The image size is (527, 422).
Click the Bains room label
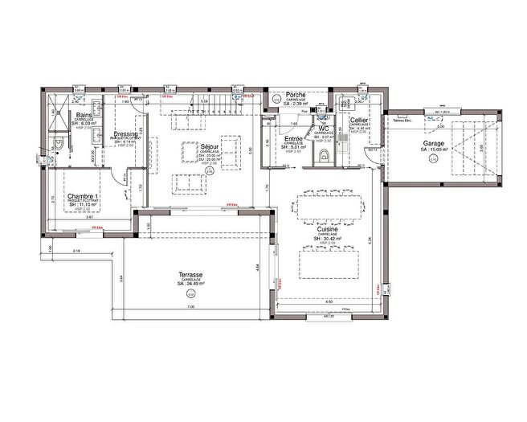(83, 116)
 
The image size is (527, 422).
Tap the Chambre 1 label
(84, 196)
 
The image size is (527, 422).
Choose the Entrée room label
(293, 139)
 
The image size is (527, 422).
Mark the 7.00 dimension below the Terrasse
(190, 308)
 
